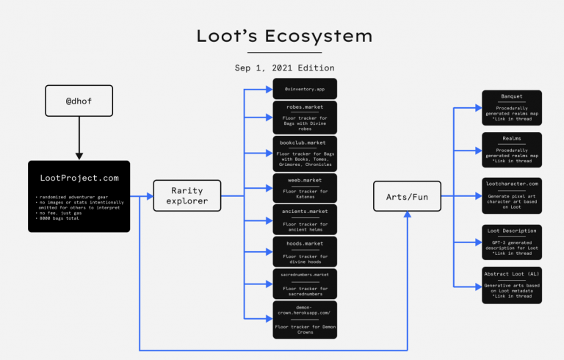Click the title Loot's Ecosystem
(x=284, y=36)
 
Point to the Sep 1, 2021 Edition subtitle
(x=284, y=68)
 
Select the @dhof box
(x=79, y=100)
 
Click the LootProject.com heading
(x=79, y=179)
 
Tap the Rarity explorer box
(x=187, y=196)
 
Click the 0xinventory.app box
(x=305, y=89)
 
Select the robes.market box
(x=305, y=117)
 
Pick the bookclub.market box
(x=305, y=151)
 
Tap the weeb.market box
(x=305, y=187)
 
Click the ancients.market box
(x=305, y=219)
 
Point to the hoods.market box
(x=305, y=251)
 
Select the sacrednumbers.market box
(x=305, y=283)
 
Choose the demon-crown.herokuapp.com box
(x=305, y=319)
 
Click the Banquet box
(x=512, y=107)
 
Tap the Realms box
(x=512, y=149)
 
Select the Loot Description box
(x=512, y=242)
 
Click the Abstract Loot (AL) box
(x=512, y=284)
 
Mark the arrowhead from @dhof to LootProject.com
(x=79, y=155)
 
